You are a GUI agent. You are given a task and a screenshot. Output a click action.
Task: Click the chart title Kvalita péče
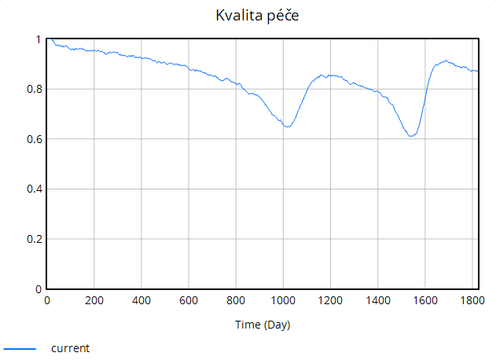point(248,16)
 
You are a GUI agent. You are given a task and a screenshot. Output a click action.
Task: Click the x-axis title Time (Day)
point(263,325)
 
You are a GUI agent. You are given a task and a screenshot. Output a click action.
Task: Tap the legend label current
point(71,347)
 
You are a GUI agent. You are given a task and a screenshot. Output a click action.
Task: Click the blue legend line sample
point(20,347)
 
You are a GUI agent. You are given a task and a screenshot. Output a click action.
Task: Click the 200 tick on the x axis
point(94,300)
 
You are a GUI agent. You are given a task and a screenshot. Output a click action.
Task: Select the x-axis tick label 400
point(141,300)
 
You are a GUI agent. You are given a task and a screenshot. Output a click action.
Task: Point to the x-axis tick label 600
point(189,300)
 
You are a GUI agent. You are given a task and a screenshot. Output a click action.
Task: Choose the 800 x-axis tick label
point(236,300)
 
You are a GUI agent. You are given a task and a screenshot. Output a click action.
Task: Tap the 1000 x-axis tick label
point(283,300)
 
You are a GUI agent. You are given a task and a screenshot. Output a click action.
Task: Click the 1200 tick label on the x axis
point(330,300)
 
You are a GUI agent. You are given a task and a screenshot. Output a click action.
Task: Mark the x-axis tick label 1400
point(377,300)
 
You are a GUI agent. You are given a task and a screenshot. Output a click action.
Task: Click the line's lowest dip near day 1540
point(411,137)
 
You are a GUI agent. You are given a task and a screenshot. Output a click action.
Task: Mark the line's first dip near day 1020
point(288,127)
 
